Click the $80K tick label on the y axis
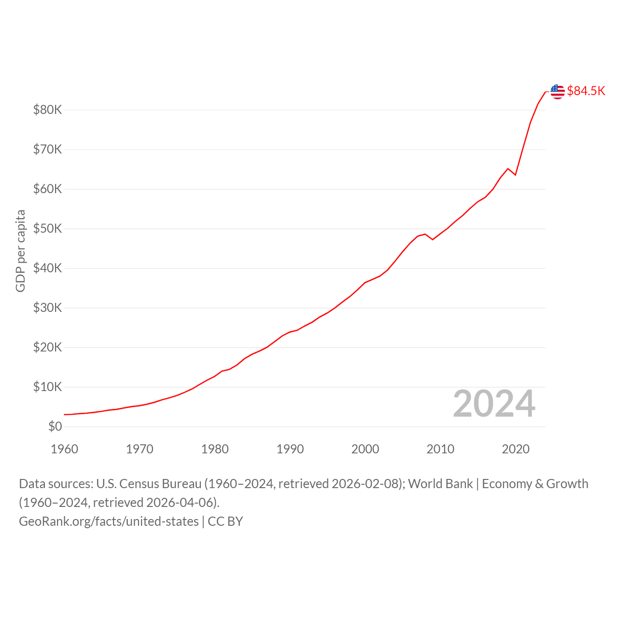(x=47, y=110)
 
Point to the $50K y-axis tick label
(x=47, y=228)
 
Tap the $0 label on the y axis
(x=55, y=426)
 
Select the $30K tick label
(x=47, y=308)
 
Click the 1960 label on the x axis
(x=65, y=449)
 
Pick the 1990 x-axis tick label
(x=290, y=449)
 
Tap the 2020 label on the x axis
(x=515, y=449)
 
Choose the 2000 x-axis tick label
(x=365, y=449)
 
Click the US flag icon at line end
(x=557, y=92)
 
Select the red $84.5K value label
(x=586, y=91)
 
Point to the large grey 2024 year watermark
(x=494, y=404)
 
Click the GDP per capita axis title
(x=21, y=251)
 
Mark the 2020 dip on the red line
(x=515, y=175)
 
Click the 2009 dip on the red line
(x=433, y=239)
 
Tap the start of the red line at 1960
(x=65, y=414)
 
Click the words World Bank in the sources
(x=440, y=484)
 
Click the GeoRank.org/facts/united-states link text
(x=109, y=521)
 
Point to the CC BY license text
(x=225, y=521)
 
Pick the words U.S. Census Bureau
(x=149, y=484)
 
